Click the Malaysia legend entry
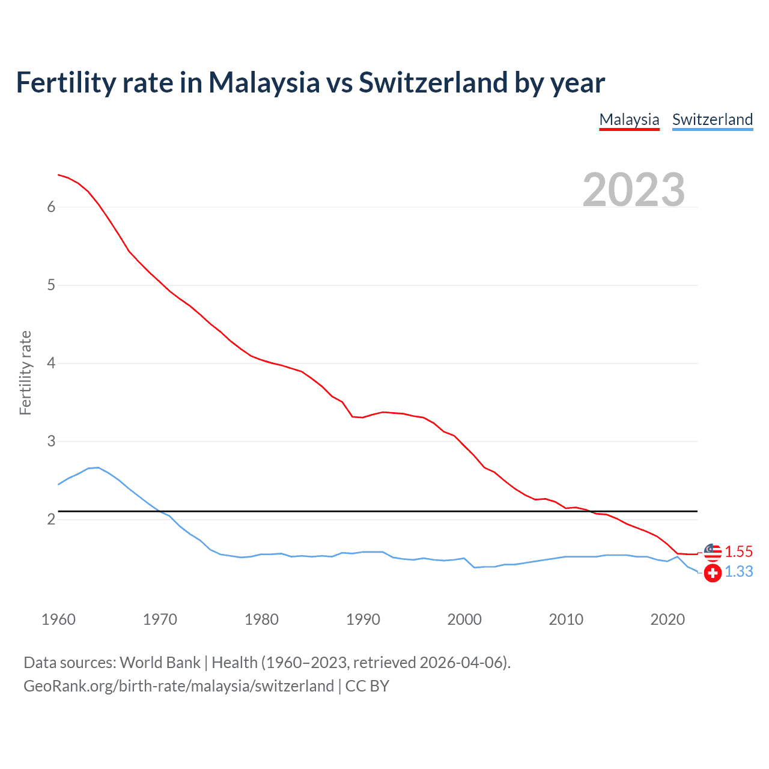tap(629, 120)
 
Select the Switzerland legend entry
tap(712, 120)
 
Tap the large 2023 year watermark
tap(633, 190)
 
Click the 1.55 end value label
tap(738, 552)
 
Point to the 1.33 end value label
tap(738, 572)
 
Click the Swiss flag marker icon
tap(713, 573)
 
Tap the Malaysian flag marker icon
tap(713, 552)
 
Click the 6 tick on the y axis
tap(51, 207)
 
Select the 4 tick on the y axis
tap(51, 363)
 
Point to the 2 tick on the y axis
tap(51, 520)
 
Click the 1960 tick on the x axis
tap(58, 619)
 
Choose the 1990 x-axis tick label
tap(363, 619)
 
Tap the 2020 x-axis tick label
tap(667, 619)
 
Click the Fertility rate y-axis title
tap(25, 372)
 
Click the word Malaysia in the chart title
tap(264, 82)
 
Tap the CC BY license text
tap(367, 686)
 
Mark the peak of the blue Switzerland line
tap(98, 467)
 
